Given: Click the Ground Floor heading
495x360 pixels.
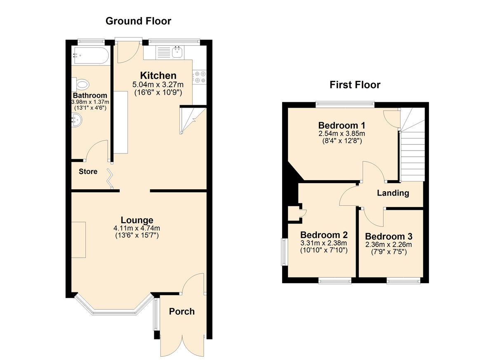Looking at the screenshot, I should (x=138, y=21).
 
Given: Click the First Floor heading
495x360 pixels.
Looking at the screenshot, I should (x=355, y=85).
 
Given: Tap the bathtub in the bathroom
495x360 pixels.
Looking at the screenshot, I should (x=90, y=56).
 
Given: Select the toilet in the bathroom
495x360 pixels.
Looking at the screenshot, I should (x=81, y=85).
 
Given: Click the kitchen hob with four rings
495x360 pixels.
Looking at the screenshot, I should (x=200, y=76).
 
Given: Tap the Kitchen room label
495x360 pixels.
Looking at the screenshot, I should (x=158, y=75).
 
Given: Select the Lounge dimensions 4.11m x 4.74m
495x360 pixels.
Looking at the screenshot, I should (x=137, y=228).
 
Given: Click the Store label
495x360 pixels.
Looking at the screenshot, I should (x=88, y=172).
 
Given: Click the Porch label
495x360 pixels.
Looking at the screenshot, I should (x=182, y=311).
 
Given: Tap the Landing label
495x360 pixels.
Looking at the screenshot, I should (x=393, y=193).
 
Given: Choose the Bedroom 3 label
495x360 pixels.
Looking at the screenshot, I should (x=389, y=237).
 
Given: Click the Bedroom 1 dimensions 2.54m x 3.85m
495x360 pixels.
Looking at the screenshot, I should (x=342, y=134).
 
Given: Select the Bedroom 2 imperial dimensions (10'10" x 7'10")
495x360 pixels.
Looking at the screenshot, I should (x=324, y=250).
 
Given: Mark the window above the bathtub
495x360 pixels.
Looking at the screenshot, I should (x=91, y=40).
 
